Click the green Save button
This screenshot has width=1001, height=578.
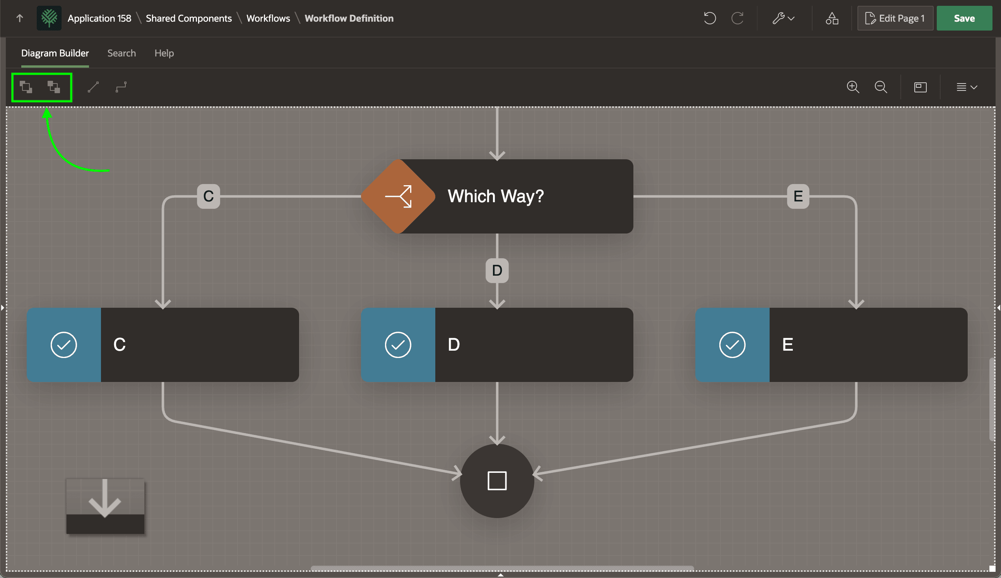pos(964,18)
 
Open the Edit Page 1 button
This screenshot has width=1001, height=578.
pos(895,18)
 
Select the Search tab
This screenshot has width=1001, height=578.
pos(121,53)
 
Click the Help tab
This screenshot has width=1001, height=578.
pos(164,53)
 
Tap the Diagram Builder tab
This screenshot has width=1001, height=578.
pos(55,53)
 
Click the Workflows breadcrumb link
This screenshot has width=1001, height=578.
pos(268,18)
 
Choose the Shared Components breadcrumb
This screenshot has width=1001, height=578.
pos(189,18)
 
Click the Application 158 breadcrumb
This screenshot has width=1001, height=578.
pos(99,18)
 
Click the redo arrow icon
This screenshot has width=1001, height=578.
pos(737,18)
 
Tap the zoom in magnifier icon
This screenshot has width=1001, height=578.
pos(853,87)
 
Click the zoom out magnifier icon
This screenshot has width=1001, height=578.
pos(881,87)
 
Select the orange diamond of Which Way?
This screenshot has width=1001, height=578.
pos(398,196)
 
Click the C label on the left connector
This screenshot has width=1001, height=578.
pos(209,196)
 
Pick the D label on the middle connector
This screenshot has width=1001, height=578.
pos(497,270)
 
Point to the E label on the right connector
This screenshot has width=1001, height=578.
pos(798,196)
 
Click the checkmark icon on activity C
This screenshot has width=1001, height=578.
pos(63,344)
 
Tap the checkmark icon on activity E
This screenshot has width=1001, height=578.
pos(732,344)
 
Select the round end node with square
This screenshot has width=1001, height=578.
pos(497,481)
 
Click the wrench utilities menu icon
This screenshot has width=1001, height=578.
pos(783,18)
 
